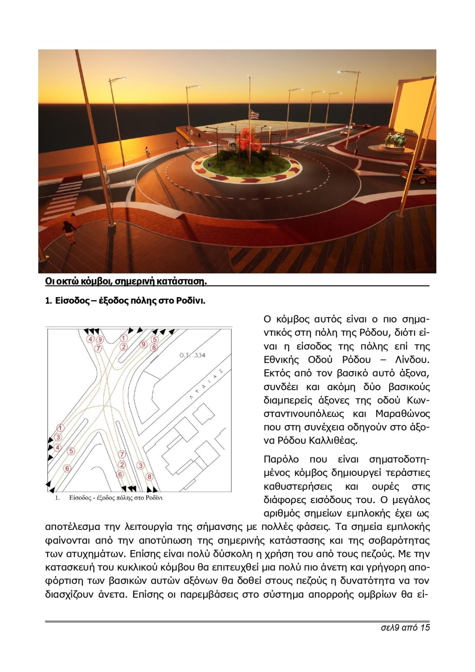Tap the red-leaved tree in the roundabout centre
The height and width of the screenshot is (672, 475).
tap(249, 139)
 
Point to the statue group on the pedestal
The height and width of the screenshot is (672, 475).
tap(396, 140)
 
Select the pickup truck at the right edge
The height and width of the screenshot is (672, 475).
tap(418, 175)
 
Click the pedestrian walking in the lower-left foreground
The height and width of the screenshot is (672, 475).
tap(68, 232)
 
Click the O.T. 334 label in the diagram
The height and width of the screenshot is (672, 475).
tap(192, 355)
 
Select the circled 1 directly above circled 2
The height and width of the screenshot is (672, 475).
tap(123, 338)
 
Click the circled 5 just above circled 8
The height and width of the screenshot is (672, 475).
tap(155, 339)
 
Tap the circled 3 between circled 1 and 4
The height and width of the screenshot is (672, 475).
tap(58, 438)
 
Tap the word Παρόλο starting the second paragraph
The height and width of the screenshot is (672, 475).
tap(281, 459)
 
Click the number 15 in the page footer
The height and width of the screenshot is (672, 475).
tap(424, 627)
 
